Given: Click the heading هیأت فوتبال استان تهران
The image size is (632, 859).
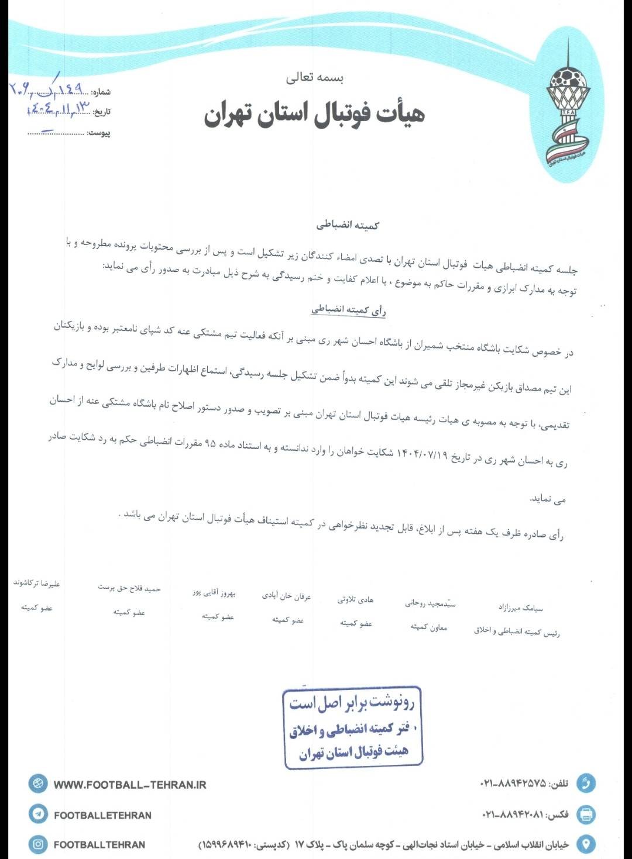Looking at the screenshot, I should tap(314, 113).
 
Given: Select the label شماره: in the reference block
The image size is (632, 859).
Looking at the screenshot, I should tap(101, 92).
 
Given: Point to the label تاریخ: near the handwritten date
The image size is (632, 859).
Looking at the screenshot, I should tap(101, 112).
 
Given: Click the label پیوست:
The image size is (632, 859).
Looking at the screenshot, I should tap(99, 133).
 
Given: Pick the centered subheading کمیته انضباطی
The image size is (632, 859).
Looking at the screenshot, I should tap(348, 225).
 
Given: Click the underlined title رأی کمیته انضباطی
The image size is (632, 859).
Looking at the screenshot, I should tap(348, 310).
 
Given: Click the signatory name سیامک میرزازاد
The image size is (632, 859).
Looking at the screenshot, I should tap(520, 608).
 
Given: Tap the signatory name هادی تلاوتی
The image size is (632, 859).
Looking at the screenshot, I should tap(355, 599).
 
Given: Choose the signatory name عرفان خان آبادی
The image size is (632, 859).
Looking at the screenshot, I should tap(286, 596).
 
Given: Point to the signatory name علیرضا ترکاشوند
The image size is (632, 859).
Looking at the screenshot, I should tap(37, 583).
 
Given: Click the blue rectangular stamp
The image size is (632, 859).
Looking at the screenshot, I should tap(353, 727).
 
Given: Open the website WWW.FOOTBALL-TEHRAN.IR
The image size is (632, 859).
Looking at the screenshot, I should tap(130, 785).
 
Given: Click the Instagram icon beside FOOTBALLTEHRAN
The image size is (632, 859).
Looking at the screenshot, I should tap(38, 844).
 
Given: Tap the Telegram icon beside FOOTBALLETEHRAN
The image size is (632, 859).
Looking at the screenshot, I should tap(38, 814).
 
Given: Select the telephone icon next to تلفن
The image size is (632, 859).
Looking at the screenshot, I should tap(586, 783).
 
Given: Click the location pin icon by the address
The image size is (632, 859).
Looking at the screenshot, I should tap(586, 844).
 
